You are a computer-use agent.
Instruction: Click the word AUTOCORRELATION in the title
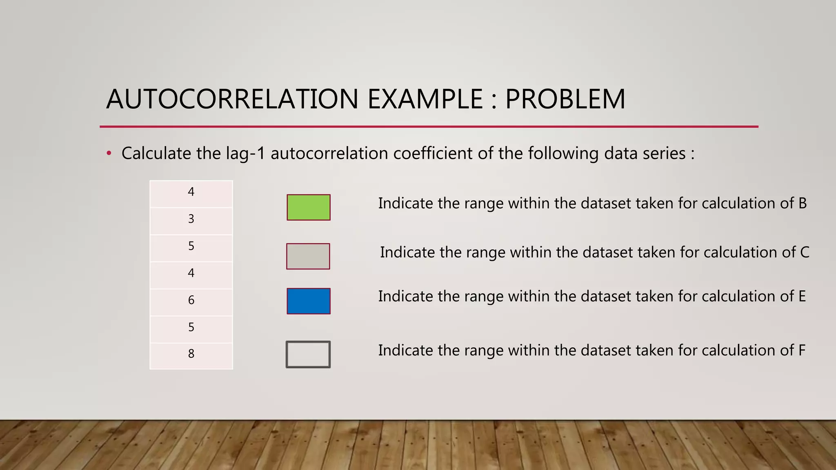click(x=232, y=99)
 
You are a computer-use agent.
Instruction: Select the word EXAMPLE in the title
click(x=425, y=99)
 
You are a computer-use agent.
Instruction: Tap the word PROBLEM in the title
click(x=565, y=99)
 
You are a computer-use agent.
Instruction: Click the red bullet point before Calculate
click(x=109, y=154)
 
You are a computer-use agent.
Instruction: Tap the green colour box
click(x=309, y=207)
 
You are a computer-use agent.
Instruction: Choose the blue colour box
click(x=309, y=301)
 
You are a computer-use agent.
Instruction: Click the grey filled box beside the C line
click(x=308, y=256)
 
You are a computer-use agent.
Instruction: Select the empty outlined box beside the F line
click(x=308, y=355)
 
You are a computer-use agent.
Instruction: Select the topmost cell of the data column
click(x=191, y=192)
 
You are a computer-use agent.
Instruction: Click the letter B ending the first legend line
click(x=803, y=203)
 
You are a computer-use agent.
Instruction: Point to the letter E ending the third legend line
click(x=802, y=296)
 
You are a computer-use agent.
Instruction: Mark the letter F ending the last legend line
click(x=802, y=350)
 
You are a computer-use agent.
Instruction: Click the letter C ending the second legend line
click(x=805, y=253)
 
